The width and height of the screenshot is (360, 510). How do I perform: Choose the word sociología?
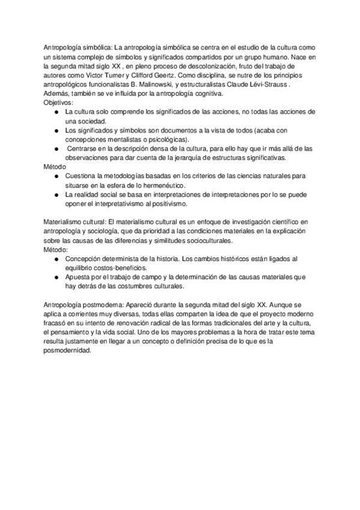point(124,230)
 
